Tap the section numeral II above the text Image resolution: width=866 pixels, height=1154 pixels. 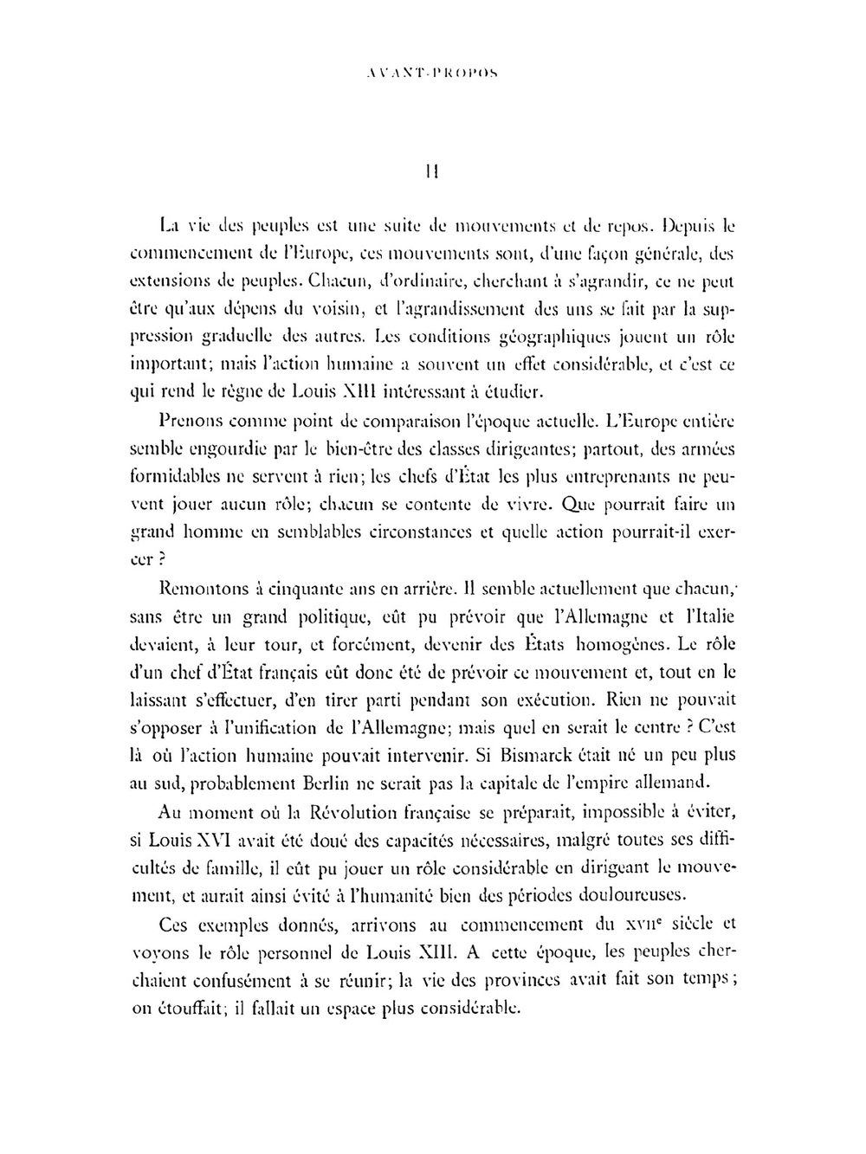[432, 172]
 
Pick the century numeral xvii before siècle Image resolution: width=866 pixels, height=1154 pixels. [653, 924]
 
